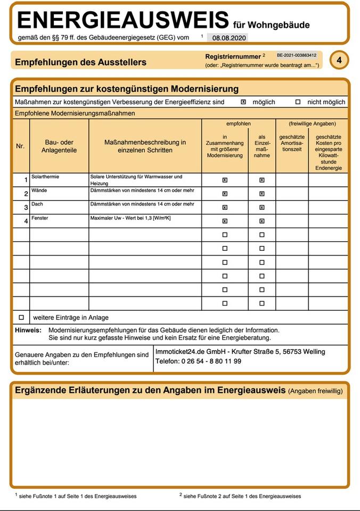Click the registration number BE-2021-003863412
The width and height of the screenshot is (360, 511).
click(x=297, y=55)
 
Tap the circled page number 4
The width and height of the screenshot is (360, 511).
click(x=339, y=60)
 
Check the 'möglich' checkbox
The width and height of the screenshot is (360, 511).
click(x=243, y=102)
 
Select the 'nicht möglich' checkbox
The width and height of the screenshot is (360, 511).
click(x=298, y=102)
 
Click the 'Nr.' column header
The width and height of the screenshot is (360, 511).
click(x=20, y=146)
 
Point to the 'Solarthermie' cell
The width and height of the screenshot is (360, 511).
click(x=46, y=176)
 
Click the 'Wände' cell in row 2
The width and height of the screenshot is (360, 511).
click(x=39, y=190)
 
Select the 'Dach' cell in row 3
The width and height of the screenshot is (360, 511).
click(x=37, y=204)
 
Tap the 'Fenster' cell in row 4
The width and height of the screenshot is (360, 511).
click(x=40, y=218)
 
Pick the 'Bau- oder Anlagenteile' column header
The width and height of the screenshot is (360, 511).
click(x=59, y=146)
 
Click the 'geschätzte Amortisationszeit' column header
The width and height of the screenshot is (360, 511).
click(x=292, y=143)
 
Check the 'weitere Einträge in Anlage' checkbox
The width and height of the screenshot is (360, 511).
click(x=21, y=317)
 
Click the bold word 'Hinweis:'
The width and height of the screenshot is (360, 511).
click(x=28, y=330)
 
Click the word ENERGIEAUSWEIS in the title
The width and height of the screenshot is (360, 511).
click(x=123, y=20)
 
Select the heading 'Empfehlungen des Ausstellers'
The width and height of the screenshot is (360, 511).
click(x=80, y=62)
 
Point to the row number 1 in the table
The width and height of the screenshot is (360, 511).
click(x=26, y=180)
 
